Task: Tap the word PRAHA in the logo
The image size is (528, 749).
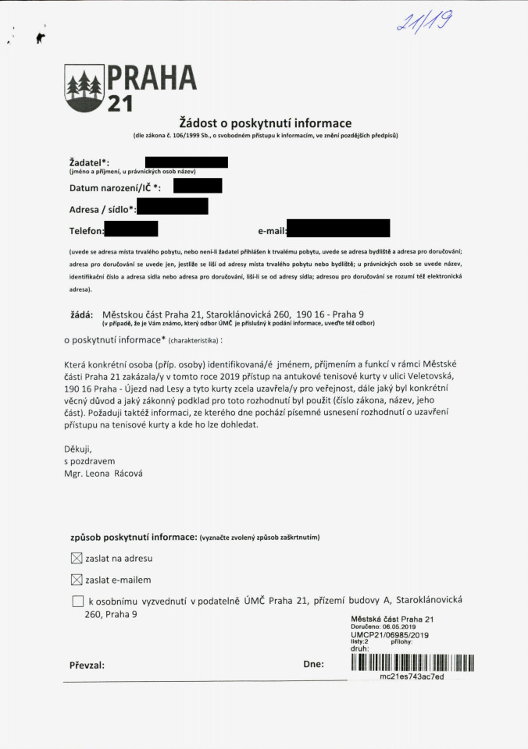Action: pyautogui.click(x=152, y=76)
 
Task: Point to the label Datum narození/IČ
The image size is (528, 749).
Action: pyautogui.click(x=115, y=187)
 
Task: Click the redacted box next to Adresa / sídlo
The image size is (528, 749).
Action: pyautogui.click(x=172, y=206)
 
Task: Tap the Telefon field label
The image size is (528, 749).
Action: pyautogui.click(x=86, y=230)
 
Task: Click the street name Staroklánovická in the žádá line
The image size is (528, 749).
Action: pyautogui.click(x=235, y=314)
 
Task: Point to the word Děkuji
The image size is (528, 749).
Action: pyautogui.click(x=77, y=449)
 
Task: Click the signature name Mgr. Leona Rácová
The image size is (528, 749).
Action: pyautogui.click(x=103, y=473)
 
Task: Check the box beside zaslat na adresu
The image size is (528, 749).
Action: pyautogui.click(x=77, y=559)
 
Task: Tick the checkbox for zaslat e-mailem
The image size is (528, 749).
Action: pyautogui.click(x=77, y=580)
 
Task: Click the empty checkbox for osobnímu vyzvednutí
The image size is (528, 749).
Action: pyautogui.click(x=77, y=601)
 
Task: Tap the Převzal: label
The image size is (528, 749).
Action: pyautogui.click(x=87, y=666)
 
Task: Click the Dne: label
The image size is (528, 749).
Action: pyautogui.click(x=313, y=664)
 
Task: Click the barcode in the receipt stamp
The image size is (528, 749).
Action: pyautogui.click(x=412, y=663)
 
